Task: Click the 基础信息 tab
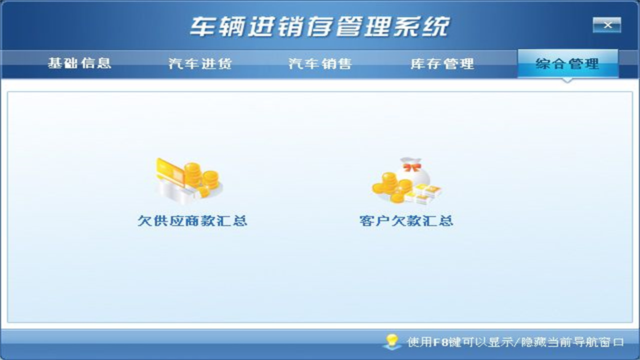(x=79, y=63)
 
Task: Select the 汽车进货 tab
(x=200, y=63)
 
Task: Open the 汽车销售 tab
(x=320, y=63)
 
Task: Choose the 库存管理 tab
(x=442, y=63)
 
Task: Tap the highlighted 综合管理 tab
(x=567, y=63)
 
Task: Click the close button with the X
(x=607, y=24)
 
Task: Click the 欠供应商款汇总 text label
(x=192, y=220)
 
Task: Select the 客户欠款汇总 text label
(x=406, y=220)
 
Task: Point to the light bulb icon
(x=391, y=341)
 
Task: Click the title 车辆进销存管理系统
(x=319, y=26)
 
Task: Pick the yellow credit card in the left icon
(x=170, y=170)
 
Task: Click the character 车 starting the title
(x=202, y=26)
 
